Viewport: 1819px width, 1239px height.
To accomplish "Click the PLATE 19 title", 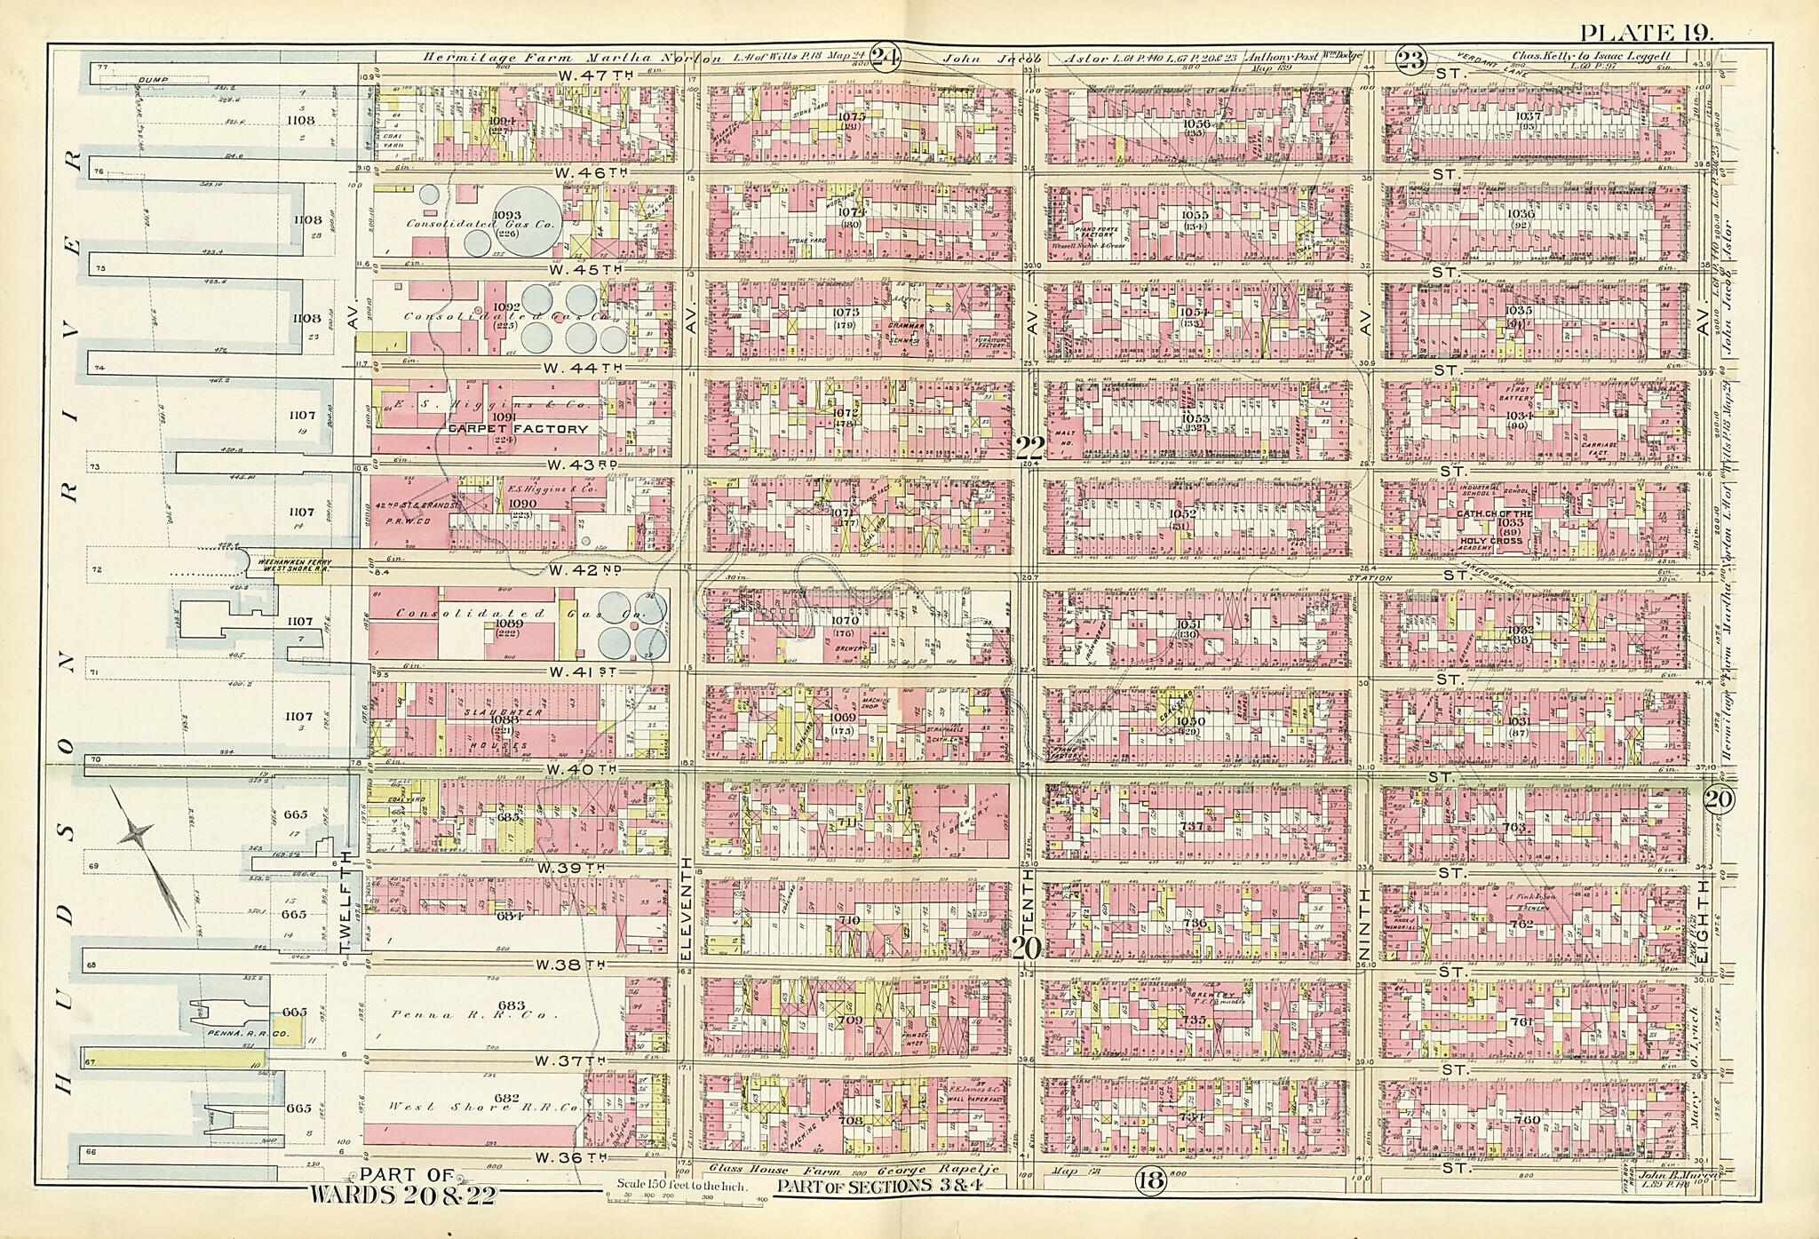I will (x=1646, y=9).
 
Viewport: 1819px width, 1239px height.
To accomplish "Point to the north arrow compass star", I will (x=136, y=832).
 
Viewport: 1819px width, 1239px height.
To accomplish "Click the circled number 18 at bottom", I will (x=1149, y=1180).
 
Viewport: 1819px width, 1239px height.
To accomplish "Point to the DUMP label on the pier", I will (x=153, y=79).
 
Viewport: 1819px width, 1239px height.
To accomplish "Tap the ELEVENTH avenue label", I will (x=687, y=906).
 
